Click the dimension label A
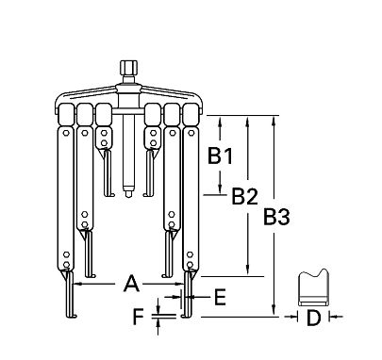(x=131, y=283)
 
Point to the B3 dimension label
(x=276, y=218)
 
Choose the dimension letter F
(x=139, y=318)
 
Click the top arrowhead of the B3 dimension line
(x=274, y=121)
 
